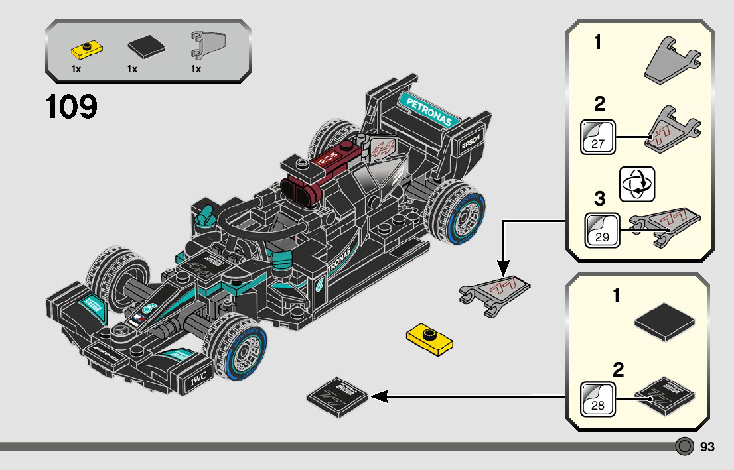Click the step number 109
(x=72, y=107)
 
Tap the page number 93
(x=707, y=447)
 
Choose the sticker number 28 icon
(x=597, y=398)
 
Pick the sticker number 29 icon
(x=602, y=229)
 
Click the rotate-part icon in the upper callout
(x=636, y=184)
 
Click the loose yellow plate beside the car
(x=429, y=337)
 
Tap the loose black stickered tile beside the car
(x=338, y=396)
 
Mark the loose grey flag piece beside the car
(x=494, y=292)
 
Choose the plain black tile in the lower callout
(x=664, y=322)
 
